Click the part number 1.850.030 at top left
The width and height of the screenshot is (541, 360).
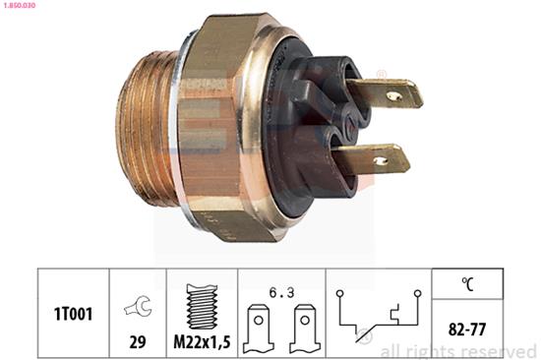click(19, 6)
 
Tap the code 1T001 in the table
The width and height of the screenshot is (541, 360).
click(73, 314)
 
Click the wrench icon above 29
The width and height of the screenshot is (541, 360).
click(139, 305)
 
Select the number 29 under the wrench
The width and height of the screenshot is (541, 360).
click(138, 341)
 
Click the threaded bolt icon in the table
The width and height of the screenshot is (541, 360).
click(202, 307)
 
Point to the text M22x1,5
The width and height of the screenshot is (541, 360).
click(202, 342)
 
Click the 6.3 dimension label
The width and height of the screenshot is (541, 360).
click(281, 293)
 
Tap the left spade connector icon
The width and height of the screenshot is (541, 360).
click(259, 329)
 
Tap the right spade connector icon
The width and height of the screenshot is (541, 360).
click(305, 329)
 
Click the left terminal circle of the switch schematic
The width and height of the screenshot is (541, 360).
click(340, 293)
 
